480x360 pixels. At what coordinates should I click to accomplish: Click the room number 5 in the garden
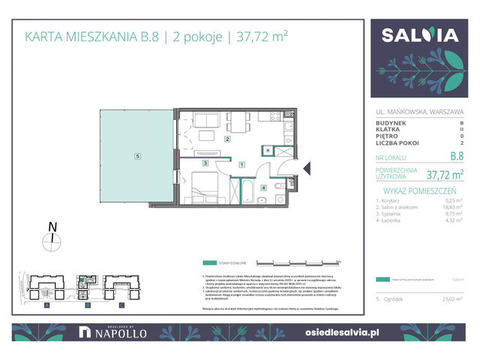[x=137, y=156]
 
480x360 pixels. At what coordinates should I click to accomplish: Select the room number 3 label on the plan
[x=204, y=163]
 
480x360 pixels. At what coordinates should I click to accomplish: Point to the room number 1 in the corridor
[x=241, y=163]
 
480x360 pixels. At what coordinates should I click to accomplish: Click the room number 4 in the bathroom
[x=263, y=187]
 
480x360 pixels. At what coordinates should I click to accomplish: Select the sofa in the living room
[x=204, y=120]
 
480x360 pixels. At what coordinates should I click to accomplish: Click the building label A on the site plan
[x=46, y=306]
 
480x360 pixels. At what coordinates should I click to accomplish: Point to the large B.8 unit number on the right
[x=454, y=157]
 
